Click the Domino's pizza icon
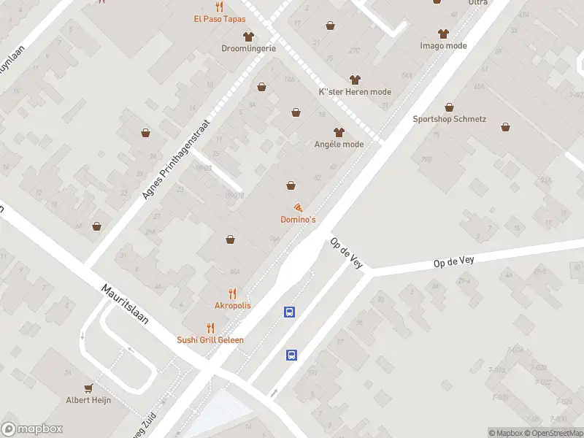(298, 208)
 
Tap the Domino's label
(298, 220)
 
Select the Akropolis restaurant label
(232, 305)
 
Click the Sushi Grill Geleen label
(210, 339)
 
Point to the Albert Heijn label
(88, 401)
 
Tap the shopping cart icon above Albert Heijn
(88, 388)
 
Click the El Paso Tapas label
(219, 19)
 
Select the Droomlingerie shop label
(248, 48)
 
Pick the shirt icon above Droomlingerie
(248, 36)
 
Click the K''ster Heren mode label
(355, 92)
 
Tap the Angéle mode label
(338, 144)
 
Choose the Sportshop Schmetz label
(449, 119)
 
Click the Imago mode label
(443, 45)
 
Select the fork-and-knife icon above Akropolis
(232, 293)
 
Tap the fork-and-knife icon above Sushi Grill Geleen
(210, 327)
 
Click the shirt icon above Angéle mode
(338, 132)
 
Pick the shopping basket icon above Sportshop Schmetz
(449, 107)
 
